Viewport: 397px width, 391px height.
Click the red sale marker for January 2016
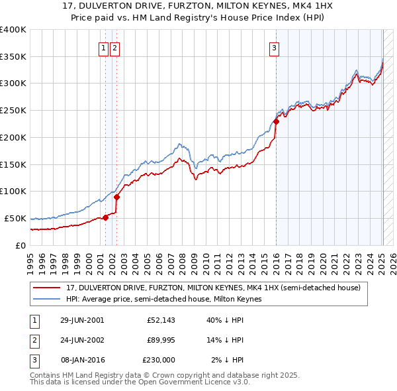click(276, 121)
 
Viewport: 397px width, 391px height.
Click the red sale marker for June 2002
click(116, 196)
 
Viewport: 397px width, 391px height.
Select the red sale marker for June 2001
click(105, 217)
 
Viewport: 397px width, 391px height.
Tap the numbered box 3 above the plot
click(274, 47)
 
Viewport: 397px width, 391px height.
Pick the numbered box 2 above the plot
click(114, 47)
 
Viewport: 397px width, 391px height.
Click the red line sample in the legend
click(47, 288)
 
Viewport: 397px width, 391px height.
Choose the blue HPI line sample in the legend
click(47, 299)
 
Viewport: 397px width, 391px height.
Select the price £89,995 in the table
click(158, 341)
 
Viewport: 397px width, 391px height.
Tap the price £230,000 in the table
click(158, 360)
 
